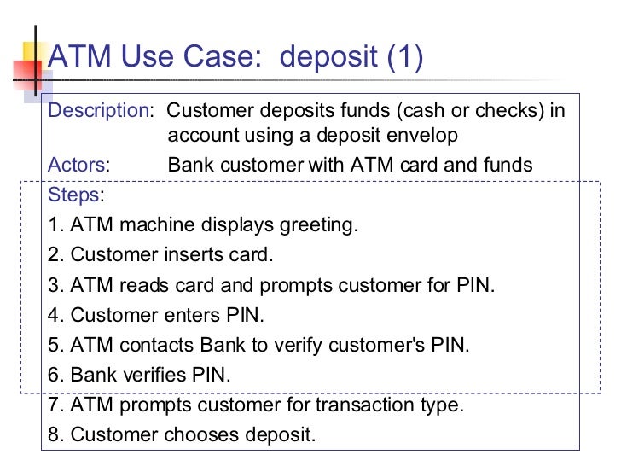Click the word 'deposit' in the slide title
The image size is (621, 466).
point(328,57)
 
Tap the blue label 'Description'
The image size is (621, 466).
point(98,111)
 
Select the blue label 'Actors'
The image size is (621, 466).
point(77,165)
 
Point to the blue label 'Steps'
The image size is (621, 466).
point(73,195)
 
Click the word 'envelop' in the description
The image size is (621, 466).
point(422,137)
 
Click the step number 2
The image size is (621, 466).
point(55,254)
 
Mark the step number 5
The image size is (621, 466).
point(55,345)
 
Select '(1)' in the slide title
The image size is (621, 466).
point(404,57)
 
